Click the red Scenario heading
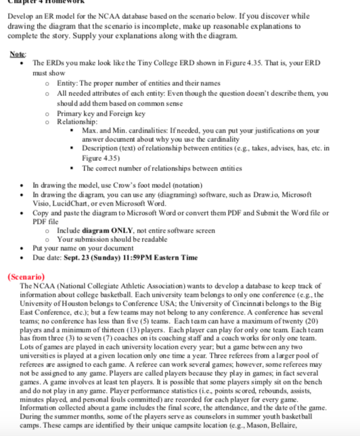click(28, 277)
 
